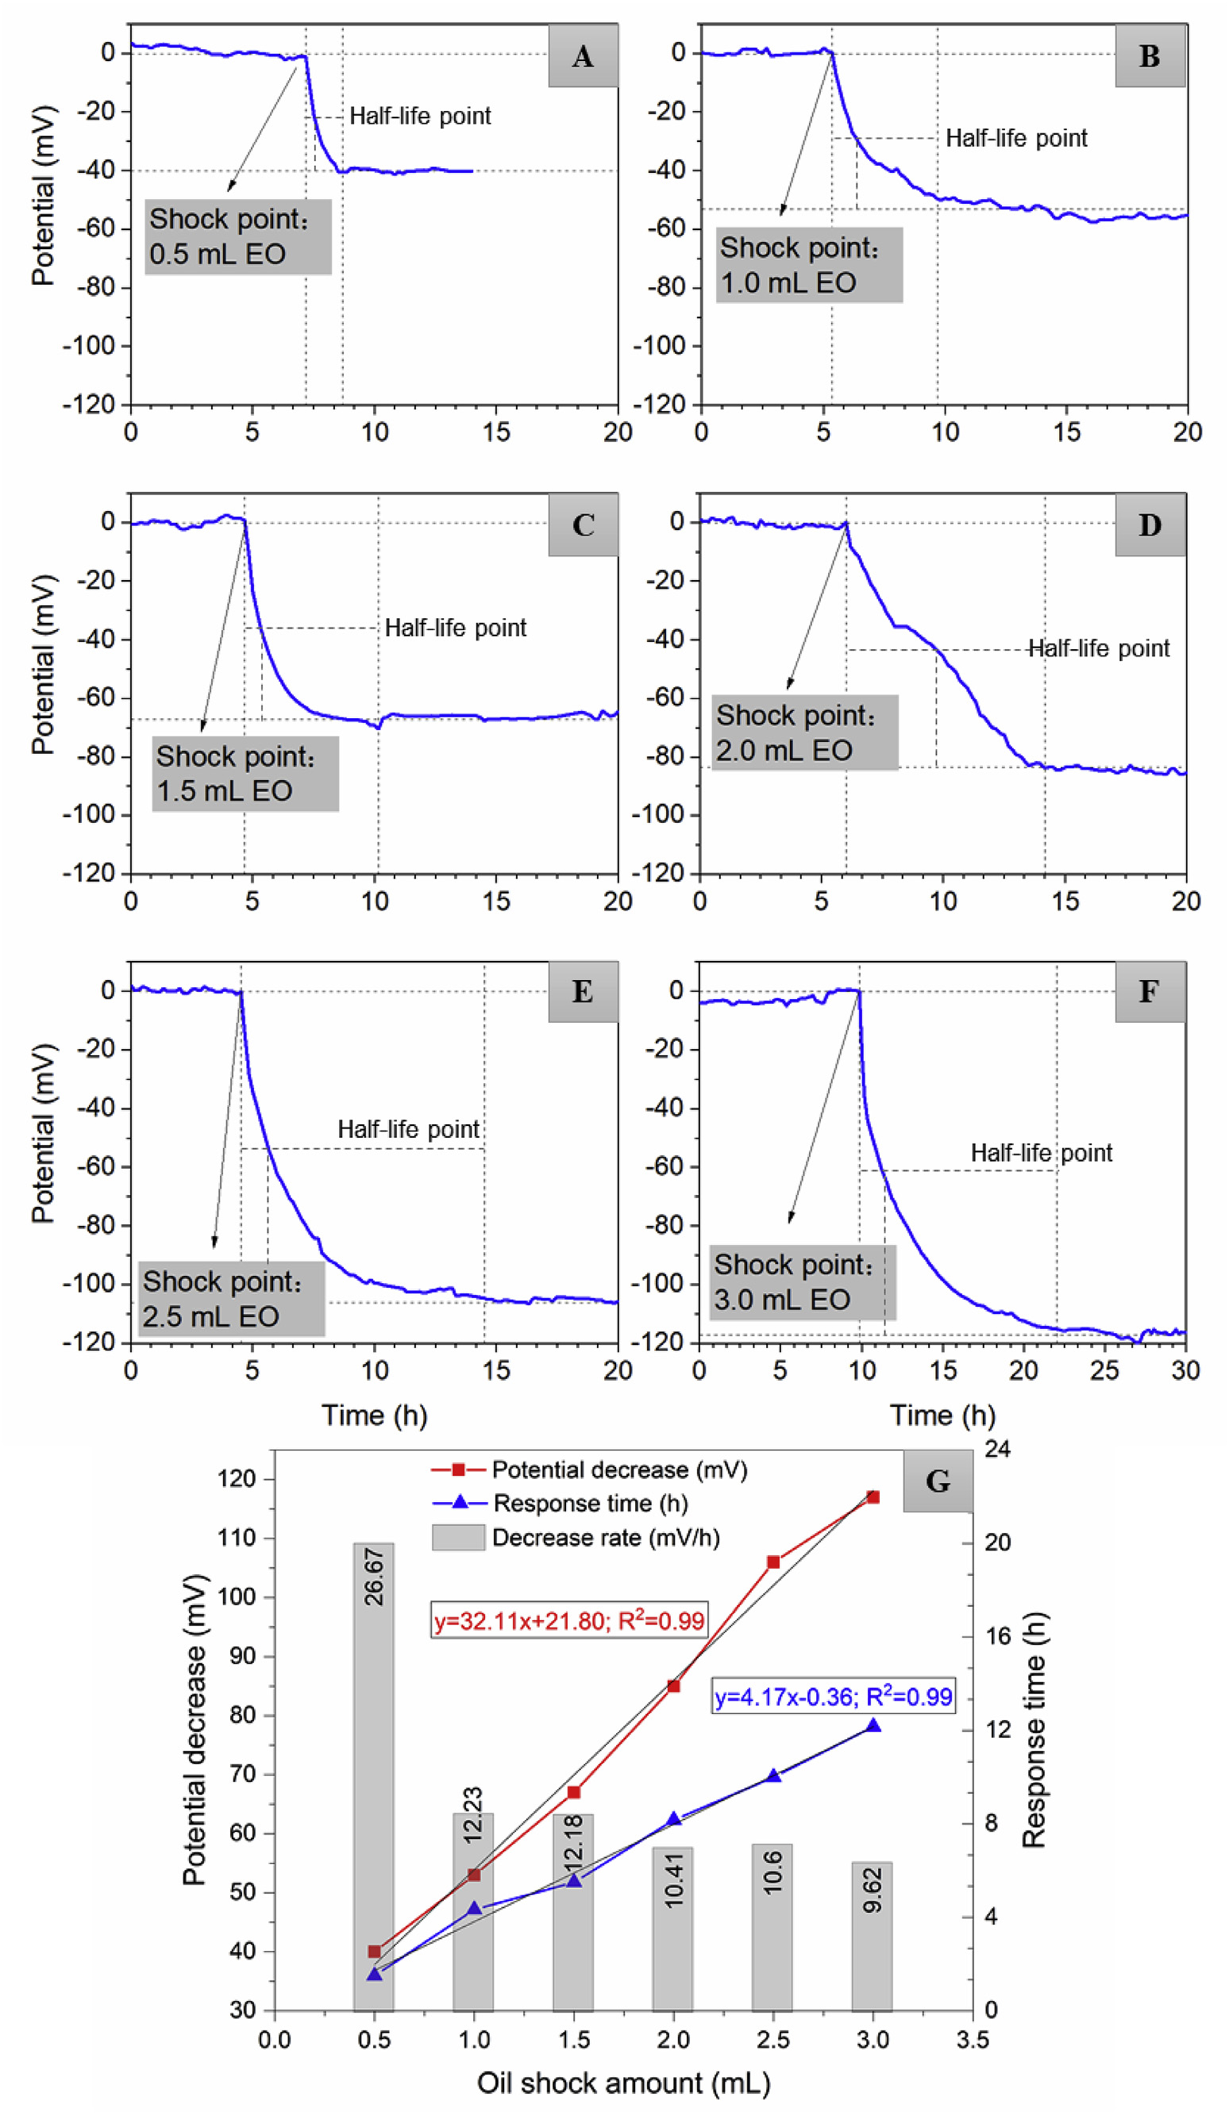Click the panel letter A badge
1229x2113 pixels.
582,56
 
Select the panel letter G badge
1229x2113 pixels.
937,1481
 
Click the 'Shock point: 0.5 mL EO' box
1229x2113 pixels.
237,236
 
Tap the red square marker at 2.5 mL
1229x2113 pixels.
773,1562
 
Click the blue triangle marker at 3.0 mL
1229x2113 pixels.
873,1726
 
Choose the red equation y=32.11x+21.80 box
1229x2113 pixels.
568,1621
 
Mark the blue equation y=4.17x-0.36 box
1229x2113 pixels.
833,1697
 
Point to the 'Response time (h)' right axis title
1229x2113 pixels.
1034,1731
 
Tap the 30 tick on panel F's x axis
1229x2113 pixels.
1185,1370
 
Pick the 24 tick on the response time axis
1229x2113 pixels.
996,1449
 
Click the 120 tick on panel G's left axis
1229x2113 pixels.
236,1478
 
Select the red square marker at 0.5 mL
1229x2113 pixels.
374,1952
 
